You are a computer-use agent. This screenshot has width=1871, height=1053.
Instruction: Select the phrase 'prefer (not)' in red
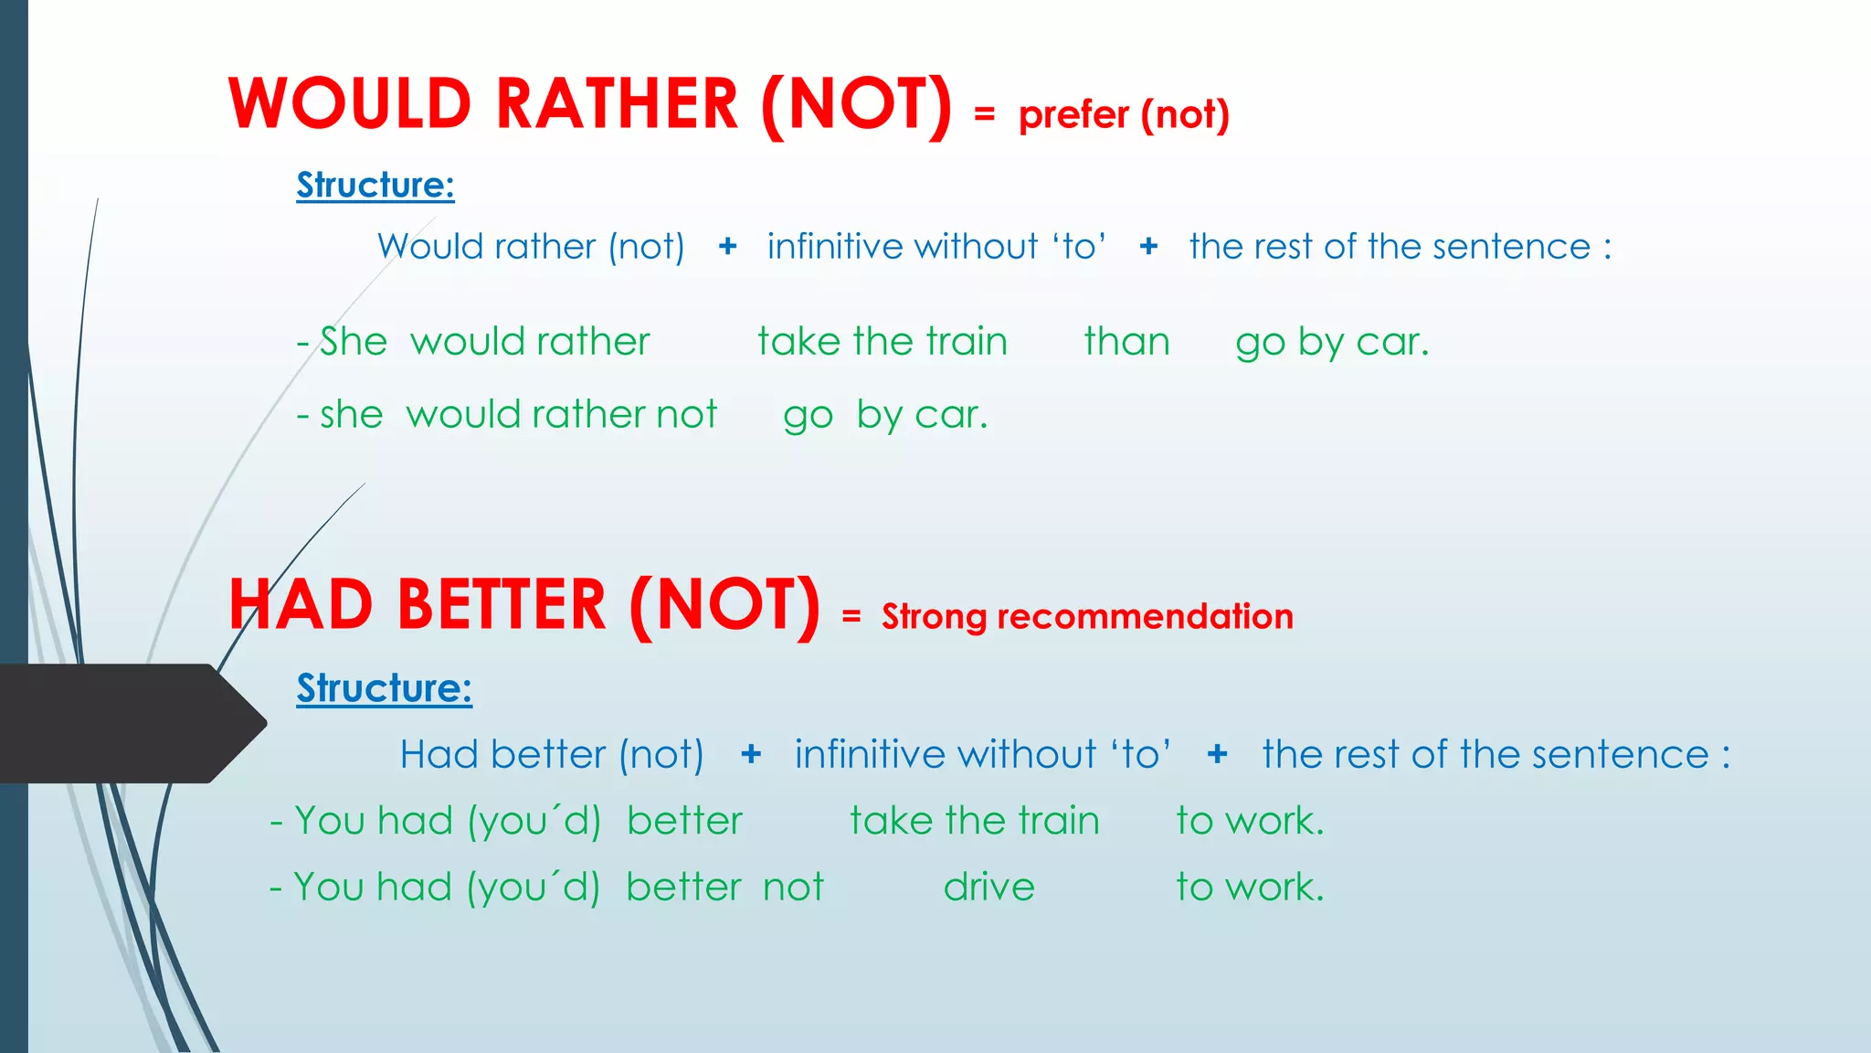pos(1124,114)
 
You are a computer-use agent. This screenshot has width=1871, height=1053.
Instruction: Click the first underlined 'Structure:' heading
pos(375,185)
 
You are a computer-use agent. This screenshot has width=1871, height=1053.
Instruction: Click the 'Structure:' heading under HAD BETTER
pos(384,687)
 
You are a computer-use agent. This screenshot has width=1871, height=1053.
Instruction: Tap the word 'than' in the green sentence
pos(1126,341)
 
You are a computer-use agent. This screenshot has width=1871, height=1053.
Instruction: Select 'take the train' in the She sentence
pos(883,341)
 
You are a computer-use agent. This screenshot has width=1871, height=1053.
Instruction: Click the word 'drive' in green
pos(988,887)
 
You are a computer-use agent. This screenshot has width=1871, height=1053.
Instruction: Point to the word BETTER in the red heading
pos(502,605)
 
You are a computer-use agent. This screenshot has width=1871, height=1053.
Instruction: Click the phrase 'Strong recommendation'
pos(1087,616)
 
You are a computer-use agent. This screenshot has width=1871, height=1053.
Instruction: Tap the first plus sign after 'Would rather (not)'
pos(727,246)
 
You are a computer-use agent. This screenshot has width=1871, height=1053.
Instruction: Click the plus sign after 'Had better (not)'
pos(751,754)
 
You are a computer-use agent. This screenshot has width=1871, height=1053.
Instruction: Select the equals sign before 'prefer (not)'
pos(984,114)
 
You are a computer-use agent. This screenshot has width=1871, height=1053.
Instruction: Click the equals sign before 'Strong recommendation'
pos(851,617)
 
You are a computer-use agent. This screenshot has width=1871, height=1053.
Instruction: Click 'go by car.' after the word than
pos(1331,343)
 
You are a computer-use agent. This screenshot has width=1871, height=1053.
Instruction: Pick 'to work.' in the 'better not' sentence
pos(1249,887)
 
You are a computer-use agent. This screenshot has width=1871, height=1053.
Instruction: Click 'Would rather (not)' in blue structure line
pos(531,247)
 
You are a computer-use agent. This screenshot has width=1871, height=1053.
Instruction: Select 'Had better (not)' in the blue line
pos(552,755)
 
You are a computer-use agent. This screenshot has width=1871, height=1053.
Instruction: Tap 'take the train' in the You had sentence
pos(974,820)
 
